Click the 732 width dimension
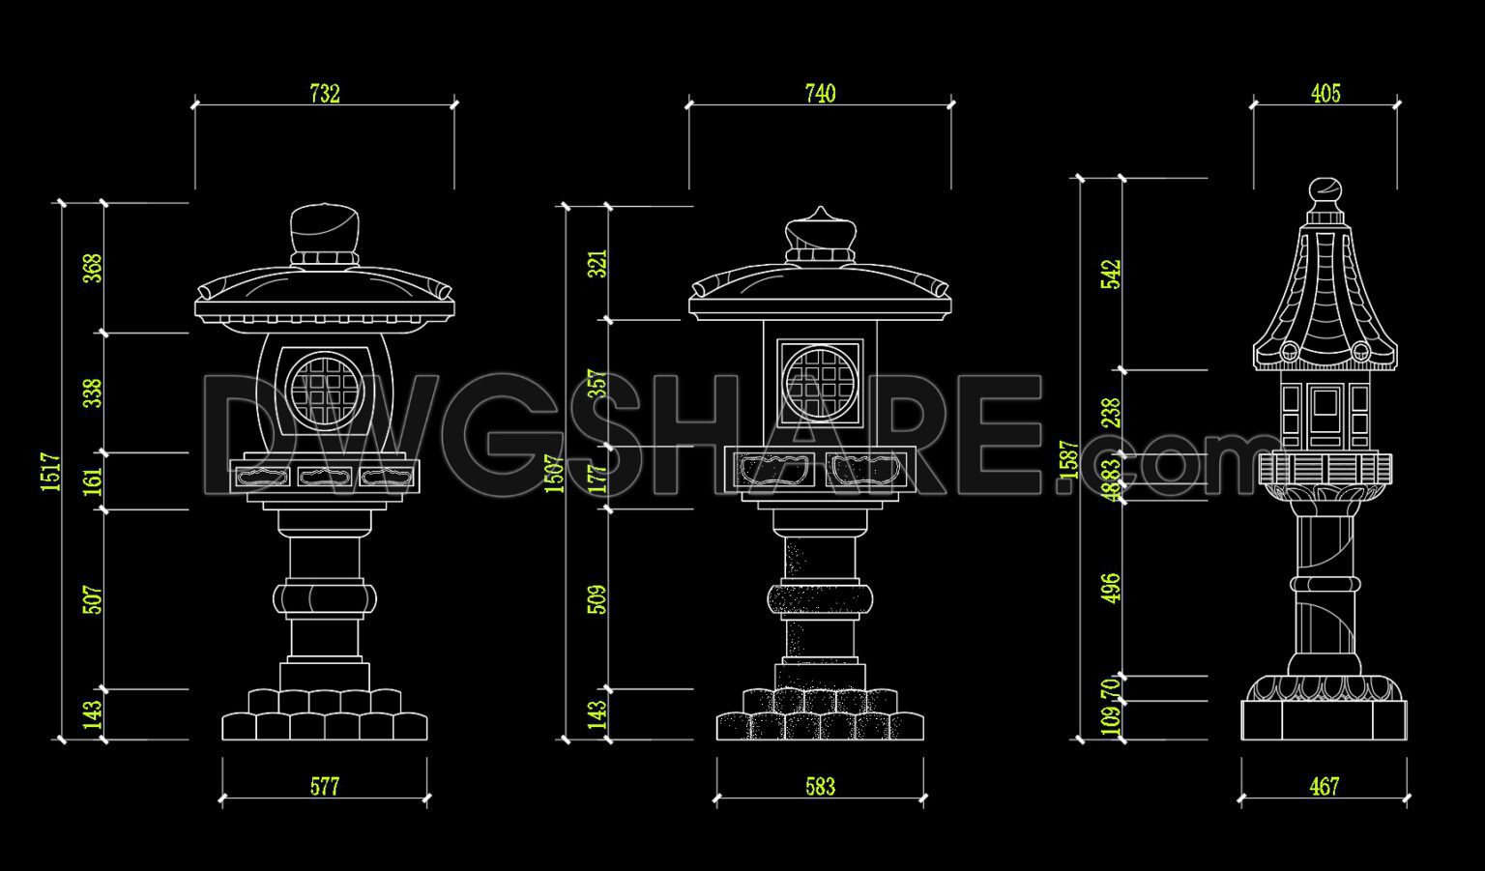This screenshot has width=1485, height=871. [325, 94]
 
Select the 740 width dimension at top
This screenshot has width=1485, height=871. [820, 94]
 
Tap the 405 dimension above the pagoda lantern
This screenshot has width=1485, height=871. [1325, 94]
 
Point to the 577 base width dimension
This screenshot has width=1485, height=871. [325, 787]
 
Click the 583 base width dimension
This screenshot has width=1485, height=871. [820, 787]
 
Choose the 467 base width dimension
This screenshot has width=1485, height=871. [1324, 787]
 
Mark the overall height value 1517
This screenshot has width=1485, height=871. [51, 472]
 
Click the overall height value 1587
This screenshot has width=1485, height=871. [1068, 460]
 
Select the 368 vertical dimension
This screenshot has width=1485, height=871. [93, 269]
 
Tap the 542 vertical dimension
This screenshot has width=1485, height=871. [1111, 275]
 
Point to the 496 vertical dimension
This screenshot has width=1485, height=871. [1111, 588]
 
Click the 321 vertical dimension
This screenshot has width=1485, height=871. [598, 264]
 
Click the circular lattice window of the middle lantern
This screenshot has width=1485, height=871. [819, 383]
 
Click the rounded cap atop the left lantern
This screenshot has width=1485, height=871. [325, 229]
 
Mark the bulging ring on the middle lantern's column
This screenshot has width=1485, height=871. [820, 599]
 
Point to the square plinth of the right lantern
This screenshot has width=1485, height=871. [1324, 721]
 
